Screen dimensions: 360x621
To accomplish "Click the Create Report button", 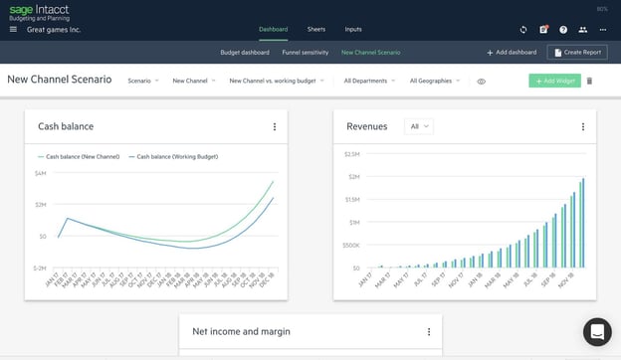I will (x=577, y=52).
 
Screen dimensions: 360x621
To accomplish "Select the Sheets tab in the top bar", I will (x=315, y=29).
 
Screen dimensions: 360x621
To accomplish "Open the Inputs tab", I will (x=353, y=29).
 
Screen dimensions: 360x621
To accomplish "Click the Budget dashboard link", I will (x=244, y=52).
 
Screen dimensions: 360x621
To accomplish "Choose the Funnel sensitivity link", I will (x=306, y=52).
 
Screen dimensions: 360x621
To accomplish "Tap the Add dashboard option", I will (x=512, y=52).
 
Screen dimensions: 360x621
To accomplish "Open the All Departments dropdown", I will (x=369, y=81).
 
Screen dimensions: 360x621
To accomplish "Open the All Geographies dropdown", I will (x=435, y=81).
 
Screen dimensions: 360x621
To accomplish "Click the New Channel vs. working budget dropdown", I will (x=276, y=81).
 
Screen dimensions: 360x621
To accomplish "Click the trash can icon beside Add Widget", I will (x=589, y=81).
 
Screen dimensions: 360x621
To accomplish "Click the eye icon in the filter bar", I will (x=481, y=81).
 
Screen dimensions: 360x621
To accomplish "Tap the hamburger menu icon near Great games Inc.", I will (x=13, y=30).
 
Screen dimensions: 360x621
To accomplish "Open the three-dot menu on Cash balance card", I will (x=275, y=126).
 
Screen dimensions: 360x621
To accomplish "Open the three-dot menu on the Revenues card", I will (x=583, y=126).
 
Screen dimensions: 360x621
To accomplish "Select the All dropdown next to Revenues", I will (x=419, y=126).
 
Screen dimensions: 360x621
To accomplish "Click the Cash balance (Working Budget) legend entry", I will (x=175, y=156).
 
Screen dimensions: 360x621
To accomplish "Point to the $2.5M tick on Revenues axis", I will (x=351, y=154).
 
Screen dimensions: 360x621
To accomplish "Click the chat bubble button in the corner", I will (x=596, y=332).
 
